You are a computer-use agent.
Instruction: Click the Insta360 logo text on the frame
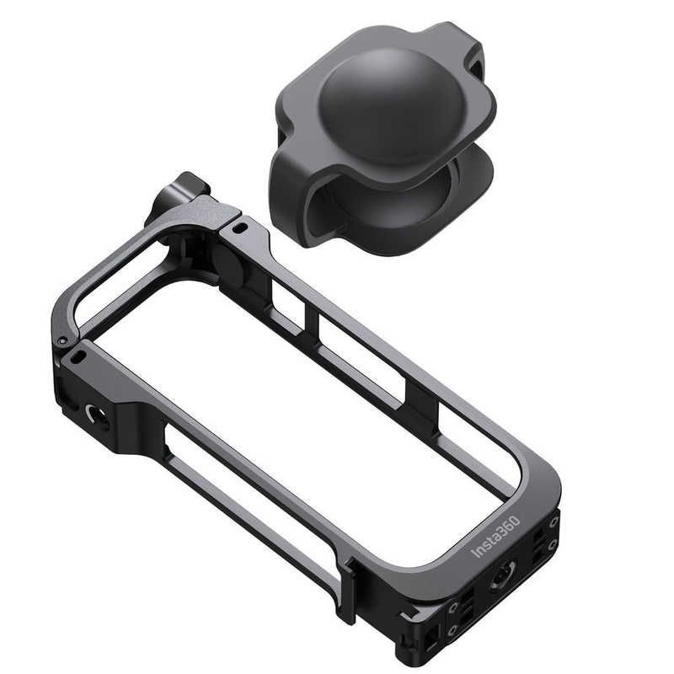496,536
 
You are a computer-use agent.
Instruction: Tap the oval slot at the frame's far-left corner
78,357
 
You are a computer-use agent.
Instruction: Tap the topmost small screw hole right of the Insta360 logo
554,522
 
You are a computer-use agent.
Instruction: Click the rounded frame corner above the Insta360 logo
539,480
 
